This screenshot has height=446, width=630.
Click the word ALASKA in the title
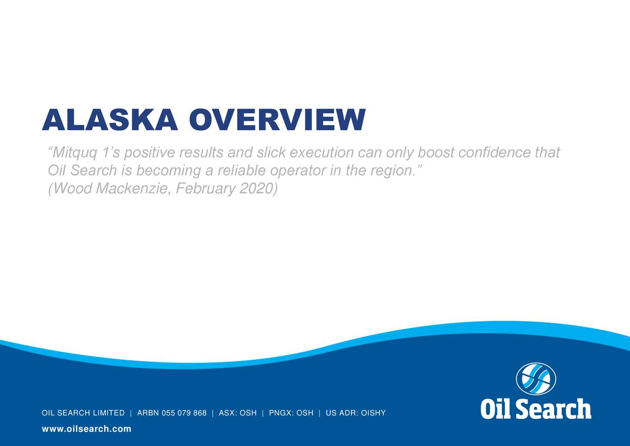110,120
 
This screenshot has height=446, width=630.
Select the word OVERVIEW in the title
277,120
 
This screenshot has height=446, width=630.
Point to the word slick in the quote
271,152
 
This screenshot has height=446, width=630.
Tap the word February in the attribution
205,189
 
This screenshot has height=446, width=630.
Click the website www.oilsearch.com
87,429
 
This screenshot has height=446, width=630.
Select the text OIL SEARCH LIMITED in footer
83,413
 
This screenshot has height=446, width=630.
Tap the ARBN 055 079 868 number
172,413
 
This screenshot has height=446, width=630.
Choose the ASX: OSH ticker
238,413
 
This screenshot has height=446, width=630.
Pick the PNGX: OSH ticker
291,413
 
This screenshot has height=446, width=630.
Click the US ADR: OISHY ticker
356,413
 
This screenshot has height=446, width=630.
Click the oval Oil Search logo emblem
536,379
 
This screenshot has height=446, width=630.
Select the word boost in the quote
436,152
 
